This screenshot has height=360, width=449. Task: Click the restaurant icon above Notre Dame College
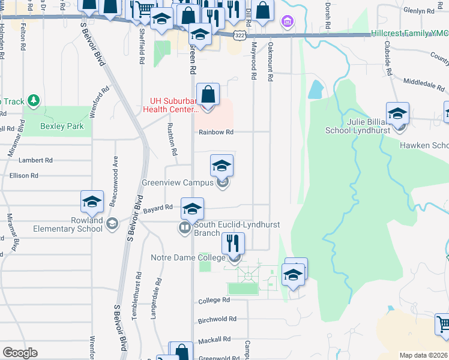(233, 244)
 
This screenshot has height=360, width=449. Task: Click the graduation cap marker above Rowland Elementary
(92, 202)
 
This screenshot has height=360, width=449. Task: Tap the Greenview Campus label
(178, 182)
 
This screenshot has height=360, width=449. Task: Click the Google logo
(20, 353)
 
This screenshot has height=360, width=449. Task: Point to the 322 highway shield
(239, 35)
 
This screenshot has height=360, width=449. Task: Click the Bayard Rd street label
(158, 207)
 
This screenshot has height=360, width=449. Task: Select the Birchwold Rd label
(217, 319)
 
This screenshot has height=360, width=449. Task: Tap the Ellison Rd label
(24, 176)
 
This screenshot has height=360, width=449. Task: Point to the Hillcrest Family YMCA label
(408, 34)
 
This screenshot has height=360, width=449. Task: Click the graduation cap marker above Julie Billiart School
(397, 113)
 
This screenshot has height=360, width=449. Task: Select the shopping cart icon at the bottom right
(444, 324)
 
